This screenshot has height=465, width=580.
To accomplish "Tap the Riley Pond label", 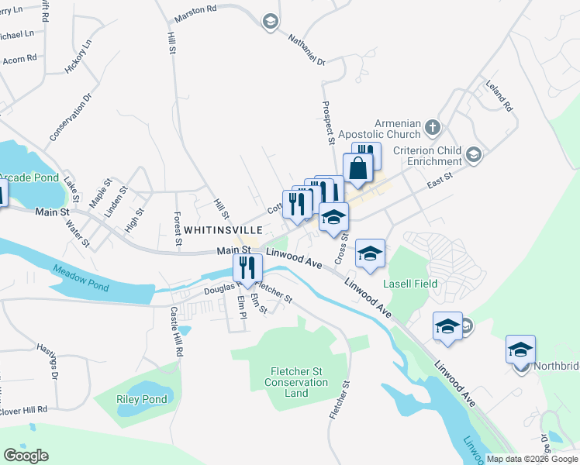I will [142, 399].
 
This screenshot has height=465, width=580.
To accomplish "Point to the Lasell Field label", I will [410, 284].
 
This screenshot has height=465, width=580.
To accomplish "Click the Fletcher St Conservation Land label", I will [296, 382].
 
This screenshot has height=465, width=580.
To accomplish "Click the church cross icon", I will [433, 126].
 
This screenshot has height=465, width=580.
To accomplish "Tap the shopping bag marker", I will [358, 169].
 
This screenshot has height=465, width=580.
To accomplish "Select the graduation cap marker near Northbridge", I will [520, 349].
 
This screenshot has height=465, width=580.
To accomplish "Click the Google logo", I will [26, 456].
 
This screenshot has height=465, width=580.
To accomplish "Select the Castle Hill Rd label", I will [178, 331].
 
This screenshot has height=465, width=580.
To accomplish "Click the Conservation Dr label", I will [71, 117].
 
